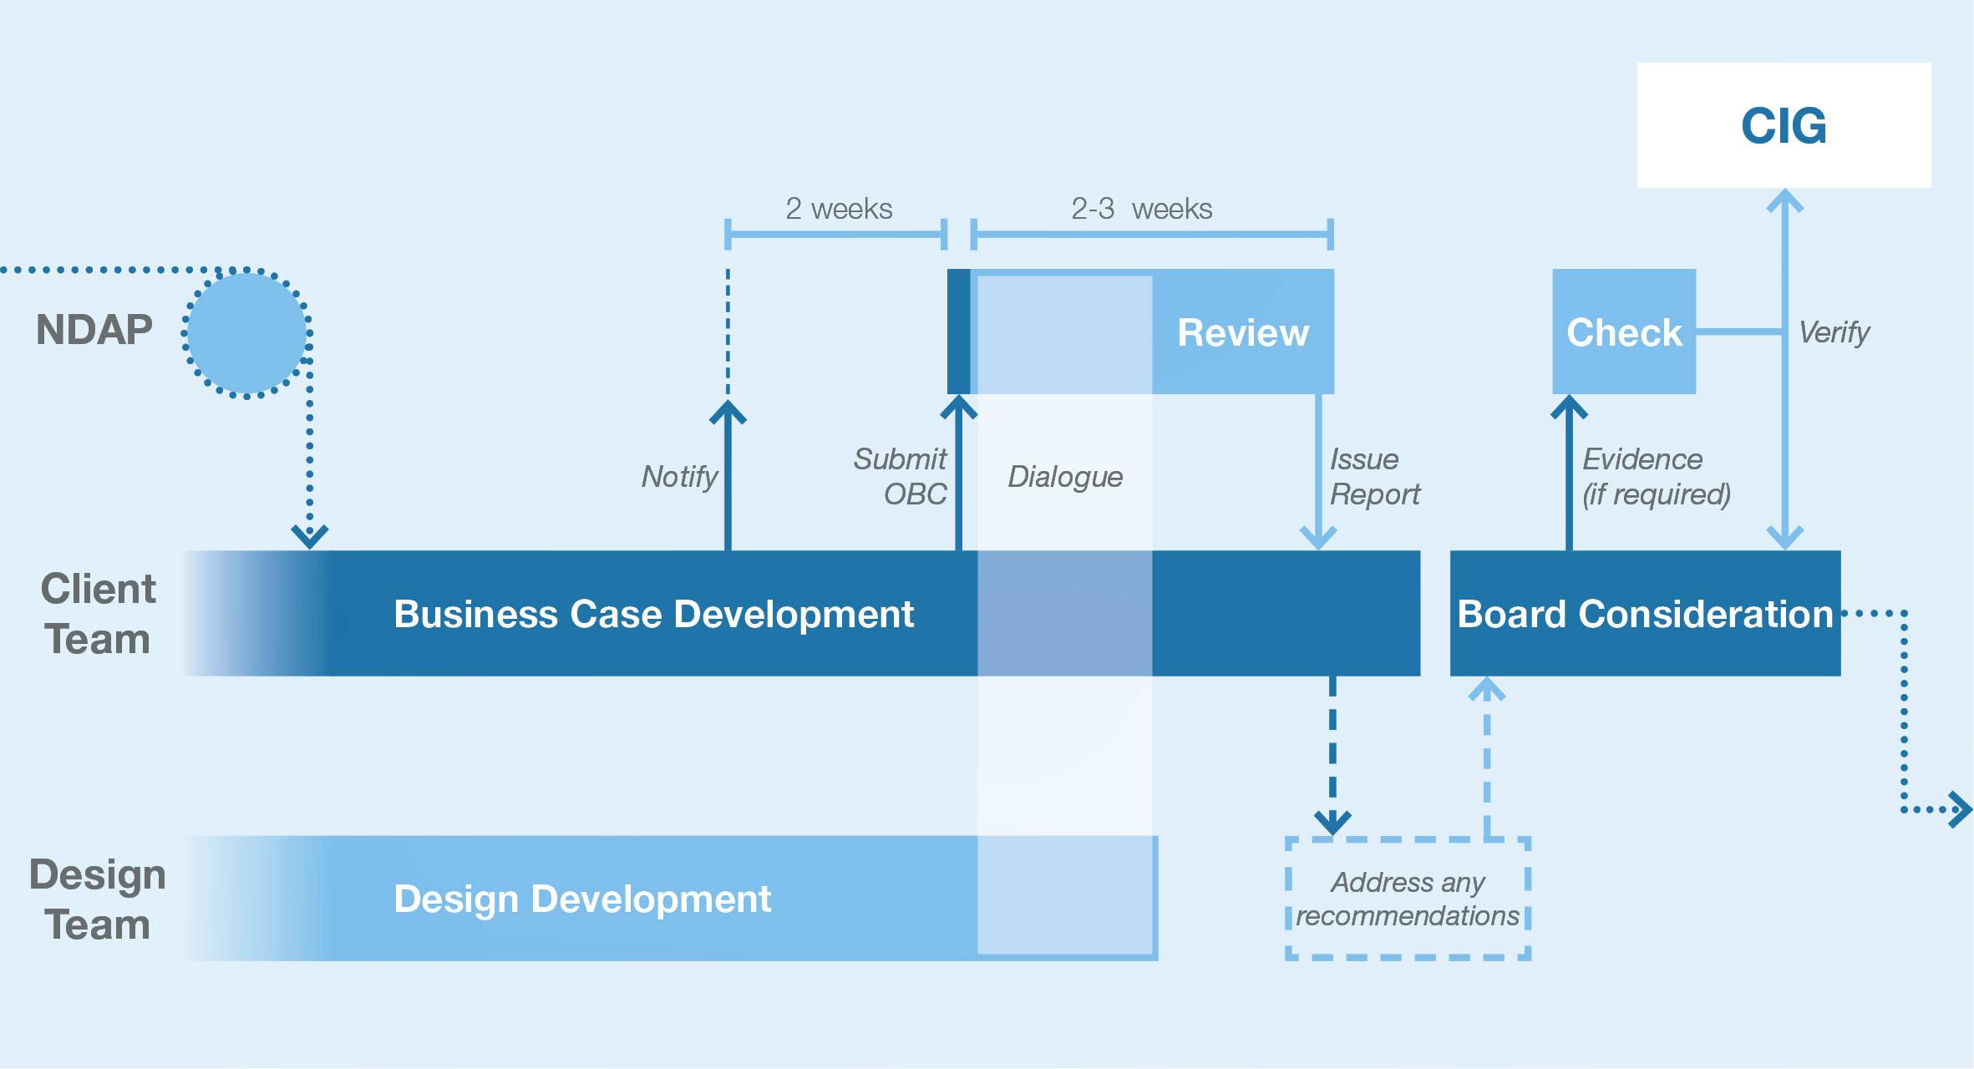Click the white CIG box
(1784, 125)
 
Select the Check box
(1624, 332)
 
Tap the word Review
(1243, 332)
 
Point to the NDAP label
(94, 330)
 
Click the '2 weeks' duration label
(839, 209)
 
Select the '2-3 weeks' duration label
(1141, 209)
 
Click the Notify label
(679, 477)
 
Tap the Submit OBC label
(901, 477)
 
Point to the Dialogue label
(1065, 477)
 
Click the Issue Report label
(1375, 477)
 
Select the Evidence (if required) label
(1657, 477)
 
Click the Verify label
(1834, 332)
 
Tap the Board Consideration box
(1645, 613)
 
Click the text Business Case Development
(654, 614)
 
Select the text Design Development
(582, 899)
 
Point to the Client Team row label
(98, 614)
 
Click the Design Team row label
(98, 899)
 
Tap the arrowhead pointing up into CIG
(1784, 200)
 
